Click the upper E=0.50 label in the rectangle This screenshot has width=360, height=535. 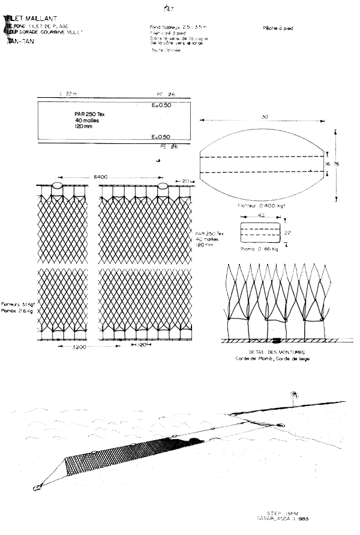(x=161, y=106)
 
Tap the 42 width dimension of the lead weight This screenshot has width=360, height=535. (x=260, y=214)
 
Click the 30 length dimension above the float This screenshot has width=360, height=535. (x=264, y=118)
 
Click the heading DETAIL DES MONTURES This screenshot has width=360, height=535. (x=269, y=352)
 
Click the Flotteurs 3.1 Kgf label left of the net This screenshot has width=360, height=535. (x=18, y=303)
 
